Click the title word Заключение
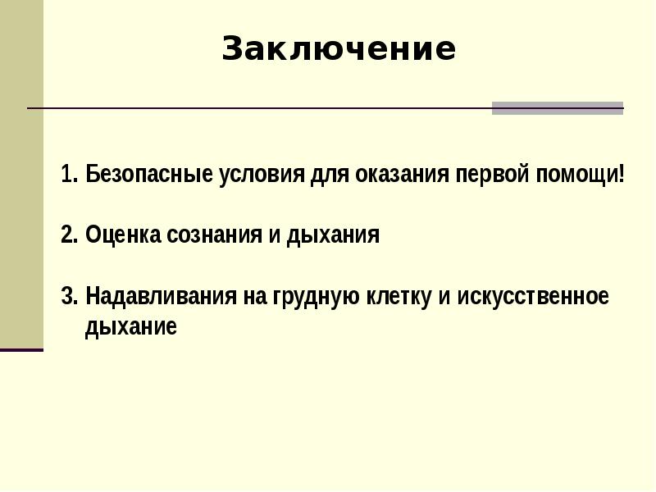339,48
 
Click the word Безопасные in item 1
149,174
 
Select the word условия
262,175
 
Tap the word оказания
402,175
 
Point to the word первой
492,175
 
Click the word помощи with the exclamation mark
581,175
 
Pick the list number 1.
69,174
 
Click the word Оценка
123,235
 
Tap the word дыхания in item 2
333,236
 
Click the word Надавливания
161,296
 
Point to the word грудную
317,298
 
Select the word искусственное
533,297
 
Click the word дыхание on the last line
131,327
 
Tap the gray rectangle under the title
558,108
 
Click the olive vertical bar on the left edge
22,174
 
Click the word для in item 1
330,175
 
